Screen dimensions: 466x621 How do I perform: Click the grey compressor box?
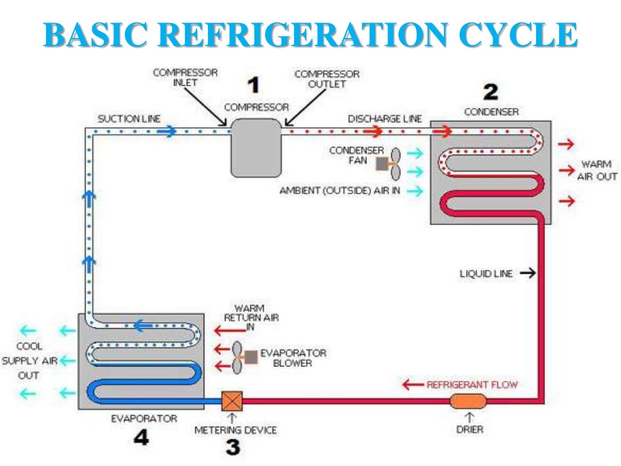pyautogui.click(x=256, y=147)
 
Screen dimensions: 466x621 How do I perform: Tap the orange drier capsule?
pyautogui.click(x=468, y=401)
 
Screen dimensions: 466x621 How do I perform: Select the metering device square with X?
pyautogui.click(x=232, y=401)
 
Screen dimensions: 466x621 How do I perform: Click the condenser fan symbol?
pyautogui.click(x=388, y=164)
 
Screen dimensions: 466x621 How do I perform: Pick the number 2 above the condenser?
pyautogui.click(x=490, y=92)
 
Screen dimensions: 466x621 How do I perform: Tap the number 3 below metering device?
pyautogui.click(x=233, y=448)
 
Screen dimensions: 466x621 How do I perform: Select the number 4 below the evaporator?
pyautogui.click(x=141, y=438)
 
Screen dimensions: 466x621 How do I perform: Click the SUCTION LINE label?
pyautogui.click(x=129, y=119)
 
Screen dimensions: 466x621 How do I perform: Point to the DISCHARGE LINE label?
pyautogui.click(x=384, y=119)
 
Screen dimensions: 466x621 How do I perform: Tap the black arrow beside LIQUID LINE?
pyautogui.click(x=528, y=274)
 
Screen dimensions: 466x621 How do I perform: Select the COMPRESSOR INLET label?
pyautogui.click(x=185, y=78)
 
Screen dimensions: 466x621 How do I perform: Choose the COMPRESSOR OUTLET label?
pyautogui.click(x=327, y=79)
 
